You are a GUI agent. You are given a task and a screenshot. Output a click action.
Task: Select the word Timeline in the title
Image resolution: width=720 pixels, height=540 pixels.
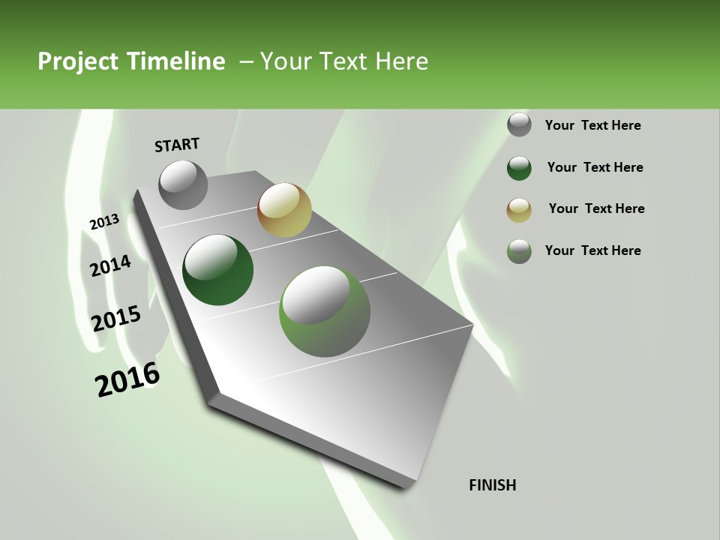[177, 61]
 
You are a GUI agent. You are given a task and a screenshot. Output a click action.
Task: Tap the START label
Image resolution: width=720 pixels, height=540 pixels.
[177, 145]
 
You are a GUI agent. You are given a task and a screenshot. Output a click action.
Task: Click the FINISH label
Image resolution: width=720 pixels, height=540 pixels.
[493, 485]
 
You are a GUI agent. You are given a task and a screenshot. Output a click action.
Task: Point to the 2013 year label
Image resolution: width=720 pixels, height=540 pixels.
[104, 222]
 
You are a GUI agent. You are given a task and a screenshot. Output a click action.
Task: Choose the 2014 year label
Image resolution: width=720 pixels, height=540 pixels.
[110, 265]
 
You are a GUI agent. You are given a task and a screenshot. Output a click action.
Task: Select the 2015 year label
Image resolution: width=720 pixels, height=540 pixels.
[116, 319]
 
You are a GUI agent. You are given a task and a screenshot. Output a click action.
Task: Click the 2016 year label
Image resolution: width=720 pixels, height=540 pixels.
[127, 379]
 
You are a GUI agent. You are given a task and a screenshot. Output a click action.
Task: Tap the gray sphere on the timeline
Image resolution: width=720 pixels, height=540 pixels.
[184, 184]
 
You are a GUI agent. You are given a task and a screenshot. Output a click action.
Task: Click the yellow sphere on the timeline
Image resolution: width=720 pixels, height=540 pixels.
[284, 210]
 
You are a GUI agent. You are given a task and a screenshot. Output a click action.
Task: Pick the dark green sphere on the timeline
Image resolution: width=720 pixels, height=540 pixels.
[218, 270]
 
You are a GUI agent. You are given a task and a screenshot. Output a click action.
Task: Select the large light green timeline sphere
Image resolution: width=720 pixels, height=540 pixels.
[324, 311]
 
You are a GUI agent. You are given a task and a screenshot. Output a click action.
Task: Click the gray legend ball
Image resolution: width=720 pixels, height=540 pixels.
[519, 125]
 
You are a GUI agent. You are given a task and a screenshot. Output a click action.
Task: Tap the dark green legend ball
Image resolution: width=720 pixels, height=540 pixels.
[519, 167]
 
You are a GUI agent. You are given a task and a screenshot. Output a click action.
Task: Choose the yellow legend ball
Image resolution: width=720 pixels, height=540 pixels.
[519, 210]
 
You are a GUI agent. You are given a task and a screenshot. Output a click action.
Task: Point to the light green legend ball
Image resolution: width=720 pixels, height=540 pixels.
[519, 251]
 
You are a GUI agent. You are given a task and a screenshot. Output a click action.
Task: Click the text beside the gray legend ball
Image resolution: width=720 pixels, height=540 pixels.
[593, 125]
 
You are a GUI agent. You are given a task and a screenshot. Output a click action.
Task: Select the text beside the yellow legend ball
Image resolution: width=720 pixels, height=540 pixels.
[596, 208]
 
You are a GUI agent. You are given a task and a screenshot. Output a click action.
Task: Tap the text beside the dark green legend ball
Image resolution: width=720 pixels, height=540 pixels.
[595, 167]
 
